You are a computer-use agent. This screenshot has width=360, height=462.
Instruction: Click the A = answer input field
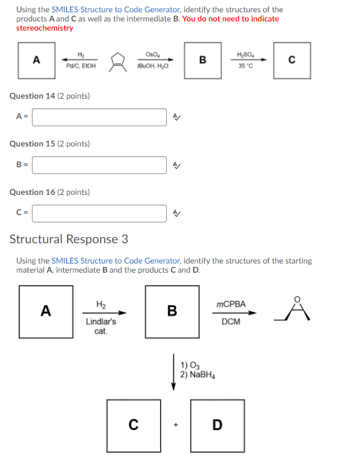pos(99,117)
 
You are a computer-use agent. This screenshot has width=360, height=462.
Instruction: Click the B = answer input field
pos(99,165)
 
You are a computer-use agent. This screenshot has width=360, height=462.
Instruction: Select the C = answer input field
pos(99,213)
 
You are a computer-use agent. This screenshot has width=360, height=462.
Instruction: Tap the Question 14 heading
pos(50,96)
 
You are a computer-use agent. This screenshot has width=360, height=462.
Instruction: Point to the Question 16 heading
pos(50,192)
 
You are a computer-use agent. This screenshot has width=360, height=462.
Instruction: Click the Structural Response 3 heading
pos(69,239)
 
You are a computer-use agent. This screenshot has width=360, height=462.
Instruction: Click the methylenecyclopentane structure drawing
pos(117,60)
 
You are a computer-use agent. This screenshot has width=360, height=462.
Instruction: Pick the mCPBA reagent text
pos(231,304)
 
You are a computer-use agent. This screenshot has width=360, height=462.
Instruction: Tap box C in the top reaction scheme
pos(291,59)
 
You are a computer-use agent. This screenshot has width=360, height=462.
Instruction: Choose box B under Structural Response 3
pos(172,311)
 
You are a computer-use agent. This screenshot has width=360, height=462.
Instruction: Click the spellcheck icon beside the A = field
pos(177,117)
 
